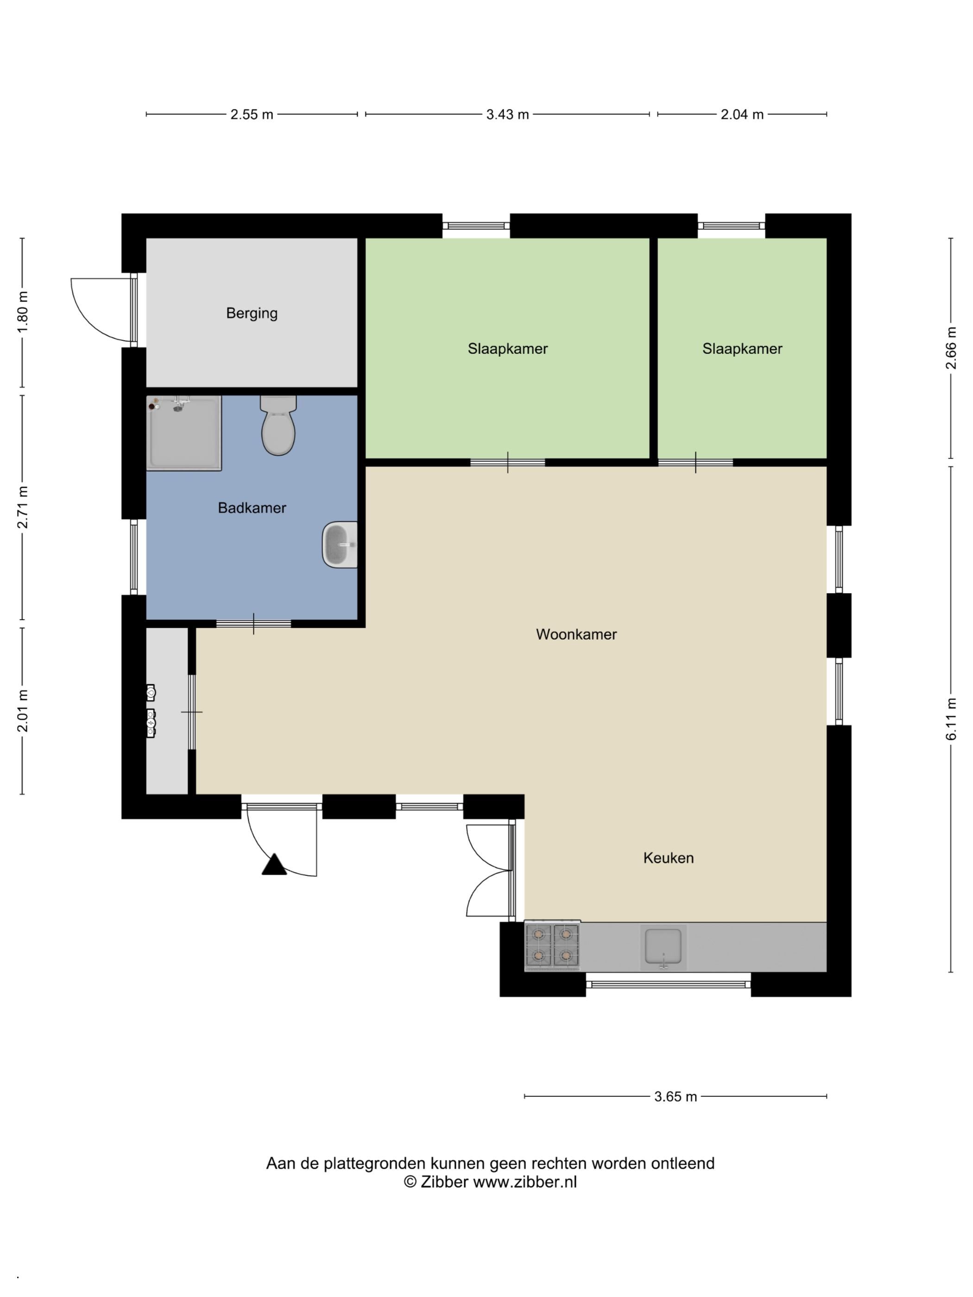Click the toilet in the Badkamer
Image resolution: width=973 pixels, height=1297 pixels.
(278, 425)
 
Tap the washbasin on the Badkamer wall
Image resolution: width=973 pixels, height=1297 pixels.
(340, 544)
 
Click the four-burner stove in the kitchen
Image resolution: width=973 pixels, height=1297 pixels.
(552, 944)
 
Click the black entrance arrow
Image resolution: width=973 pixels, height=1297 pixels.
(274, 865)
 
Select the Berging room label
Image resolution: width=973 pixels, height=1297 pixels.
(252, 313)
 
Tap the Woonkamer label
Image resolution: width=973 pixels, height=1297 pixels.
(576, 634)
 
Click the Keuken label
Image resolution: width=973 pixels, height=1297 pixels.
(668, 858)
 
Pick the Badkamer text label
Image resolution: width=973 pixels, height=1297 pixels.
(252, 508)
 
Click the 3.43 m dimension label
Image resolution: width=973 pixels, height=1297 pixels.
(507, 114)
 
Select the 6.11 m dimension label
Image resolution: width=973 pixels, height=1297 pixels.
(951, 719)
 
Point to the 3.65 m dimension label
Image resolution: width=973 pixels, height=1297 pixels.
(675, 1096)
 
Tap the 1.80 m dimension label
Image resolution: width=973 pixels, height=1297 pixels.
(22, 312)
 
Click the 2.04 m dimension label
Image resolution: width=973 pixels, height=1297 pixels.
(742, 114)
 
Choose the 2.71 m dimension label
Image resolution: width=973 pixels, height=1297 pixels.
(22, 507)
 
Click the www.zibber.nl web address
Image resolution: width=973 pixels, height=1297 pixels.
(525, 1182)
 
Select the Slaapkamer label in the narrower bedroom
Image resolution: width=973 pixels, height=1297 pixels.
(742, 349)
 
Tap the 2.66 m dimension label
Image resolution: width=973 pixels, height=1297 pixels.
(951, 348)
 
